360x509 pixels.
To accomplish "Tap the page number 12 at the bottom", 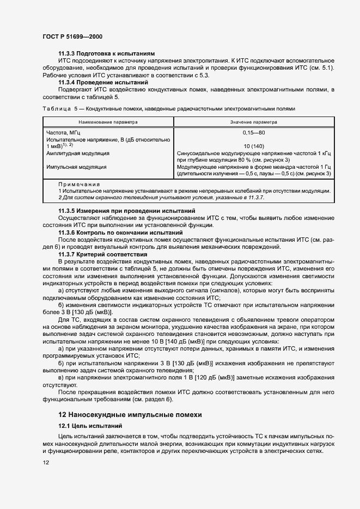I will click(46, 462).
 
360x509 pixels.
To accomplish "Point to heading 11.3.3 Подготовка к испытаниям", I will click(99, 54).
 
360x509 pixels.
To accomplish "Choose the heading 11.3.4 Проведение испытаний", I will click(96, 82).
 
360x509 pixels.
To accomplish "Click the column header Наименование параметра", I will click(108, 122).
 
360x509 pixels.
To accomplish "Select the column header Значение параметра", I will click(254, 122).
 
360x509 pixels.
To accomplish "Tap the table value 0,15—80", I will click(254, 132).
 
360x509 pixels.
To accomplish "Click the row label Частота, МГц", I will click(63, 132).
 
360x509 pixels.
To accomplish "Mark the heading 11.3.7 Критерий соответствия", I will click(95, 254).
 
